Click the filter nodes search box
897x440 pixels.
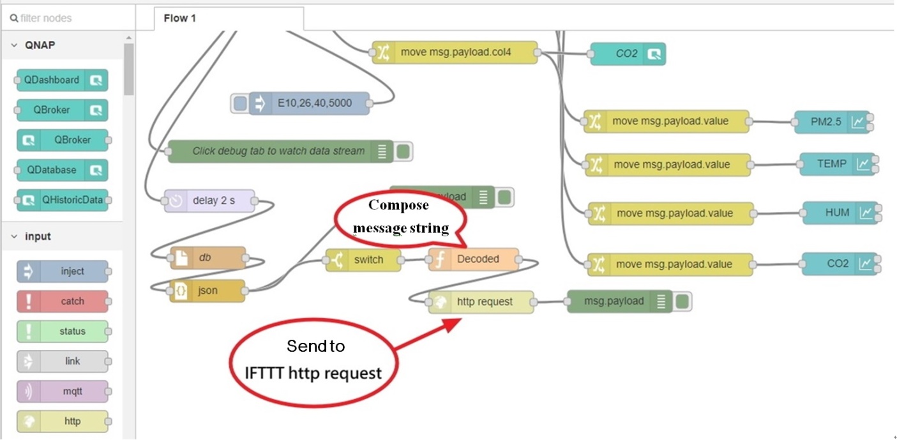67,19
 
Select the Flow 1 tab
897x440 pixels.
179,19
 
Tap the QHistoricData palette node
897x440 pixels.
63,201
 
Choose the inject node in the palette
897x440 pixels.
63,271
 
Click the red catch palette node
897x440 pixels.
63,301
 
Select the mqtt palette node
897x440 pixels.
63,391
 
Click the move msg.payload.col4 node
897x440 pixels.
455,53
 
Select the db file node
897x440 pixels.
207,258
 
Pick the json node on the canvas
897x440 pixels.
207,291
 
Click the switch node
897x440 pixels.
364,260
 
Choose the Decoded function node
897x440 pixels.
474,260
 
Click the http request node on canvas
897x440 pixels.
481,302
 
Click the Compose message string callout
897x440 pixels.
401,218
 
